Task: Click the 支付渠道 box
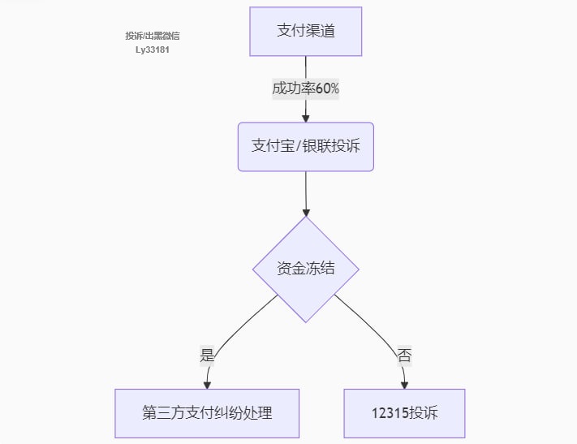pos(305,32)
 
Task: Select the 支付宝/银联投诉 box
pos(305,147)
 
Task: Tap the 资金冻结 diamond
pos(305,269)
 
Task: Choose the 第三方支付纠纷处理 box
pos(207,412)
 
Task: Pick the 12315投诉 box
pos(404,412)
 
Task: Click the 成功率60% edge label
pos(305,88)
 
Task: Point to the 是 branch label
pos(207,355)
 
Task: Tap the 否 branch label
pos(404,355)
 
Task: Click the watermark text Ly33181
pos(152,50)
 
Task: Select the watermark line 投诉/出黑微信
pos(152,36)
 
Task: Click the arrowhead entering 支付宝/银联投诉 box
pos(305,118)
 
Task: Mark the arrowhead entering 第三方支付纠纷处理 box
pos(208,384)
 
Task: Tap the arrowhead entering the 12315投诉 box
pos(404,384)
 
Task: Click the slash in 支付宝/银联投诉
pos(298,147)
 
